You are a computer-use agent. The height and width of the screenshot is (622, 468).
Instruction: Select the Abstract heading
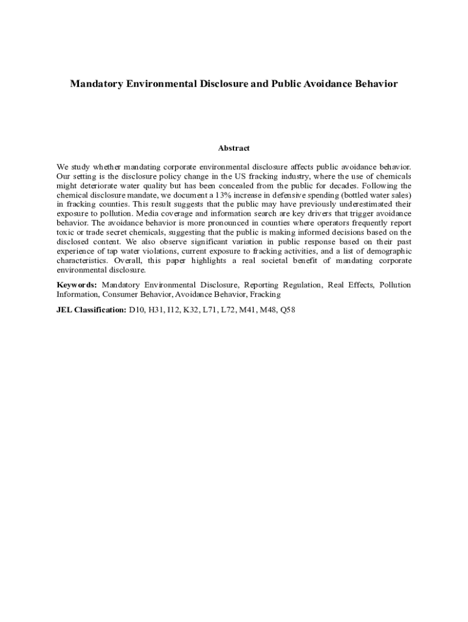coord(234,148)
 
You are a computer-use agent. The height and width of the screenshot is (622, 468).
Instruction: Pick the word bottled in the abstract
coord(359,195)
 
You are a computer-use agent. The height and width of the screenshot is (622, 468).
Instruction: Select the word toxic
coord(66,232)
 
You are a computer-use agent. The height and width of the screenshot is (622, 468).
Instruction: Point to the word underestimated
coord(353,205)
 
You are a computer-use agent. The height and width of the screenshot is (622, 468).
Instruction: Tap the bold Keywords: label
coord(77,285)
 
